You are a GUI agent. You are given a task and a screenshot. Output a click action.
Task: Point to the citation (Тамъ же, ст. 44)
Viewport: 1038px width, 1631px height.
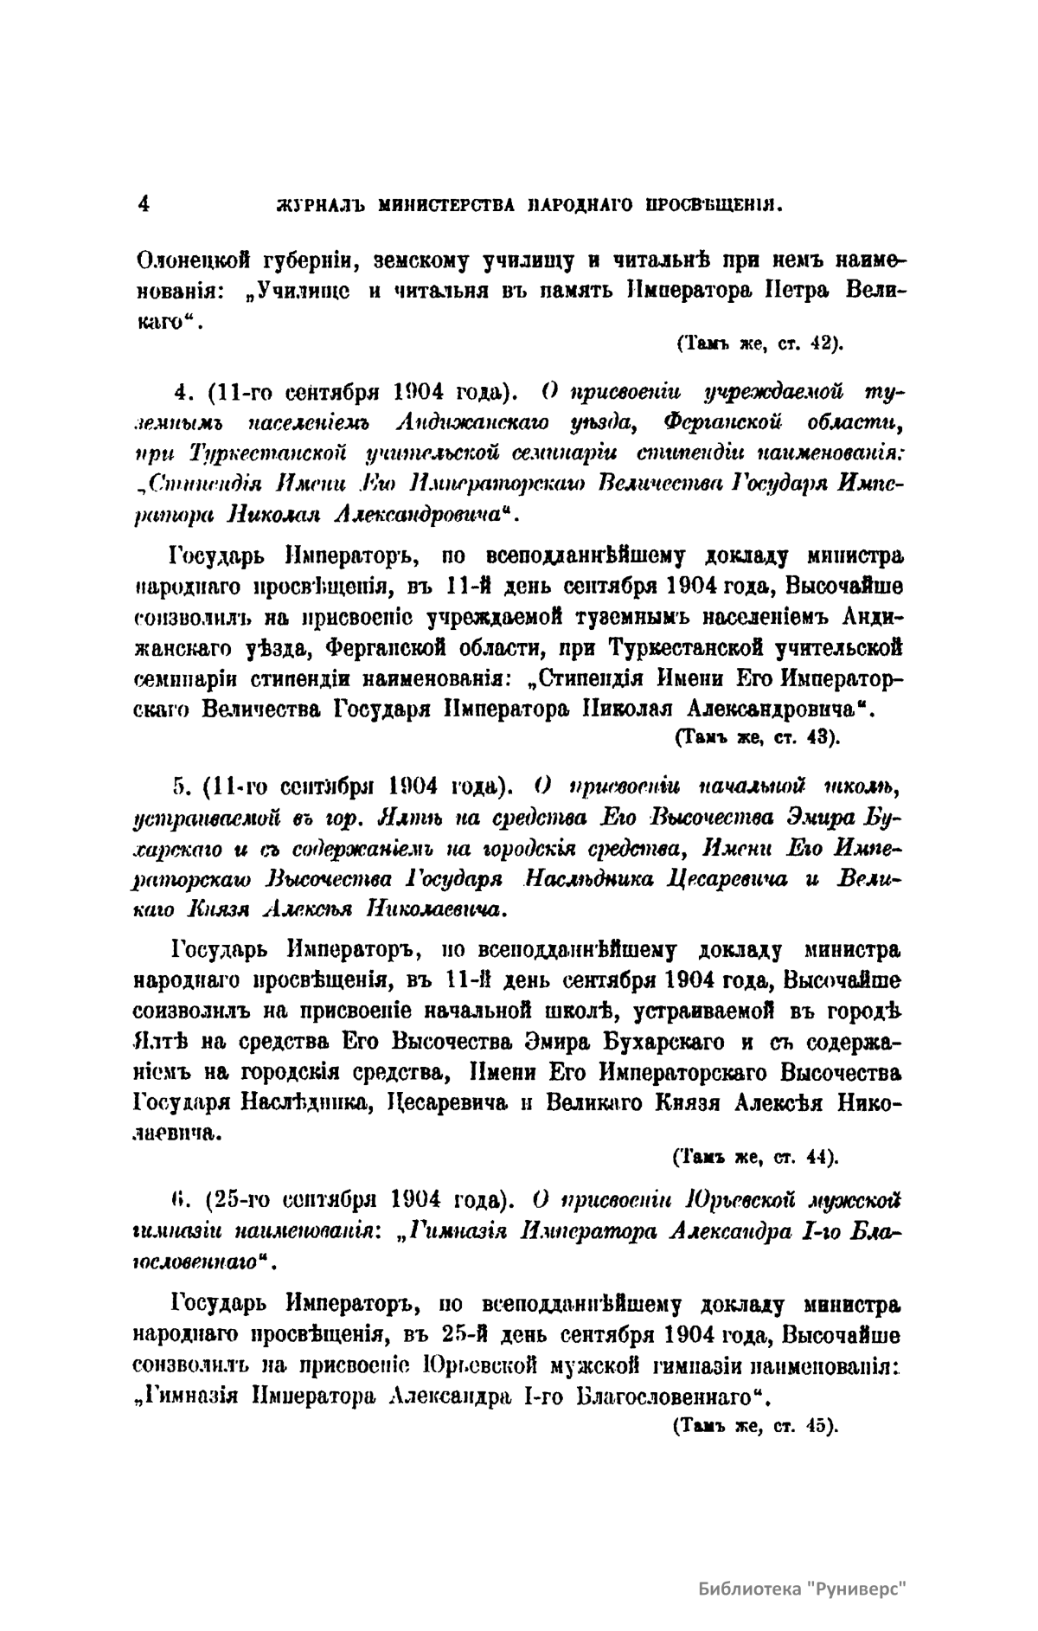(755, 1156)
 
